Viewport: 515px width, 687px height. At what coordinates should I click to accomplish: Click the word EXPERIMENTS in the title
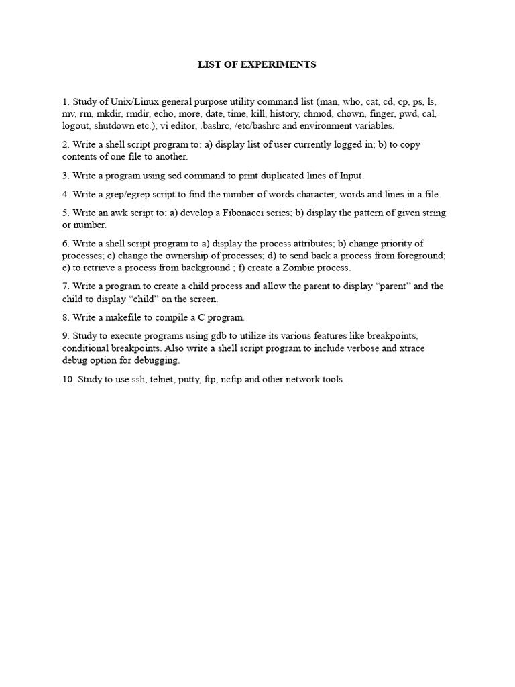(x=284, y=65)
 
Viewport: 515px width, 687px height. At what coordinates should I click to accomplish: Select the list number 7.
(x=66, y=286)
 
